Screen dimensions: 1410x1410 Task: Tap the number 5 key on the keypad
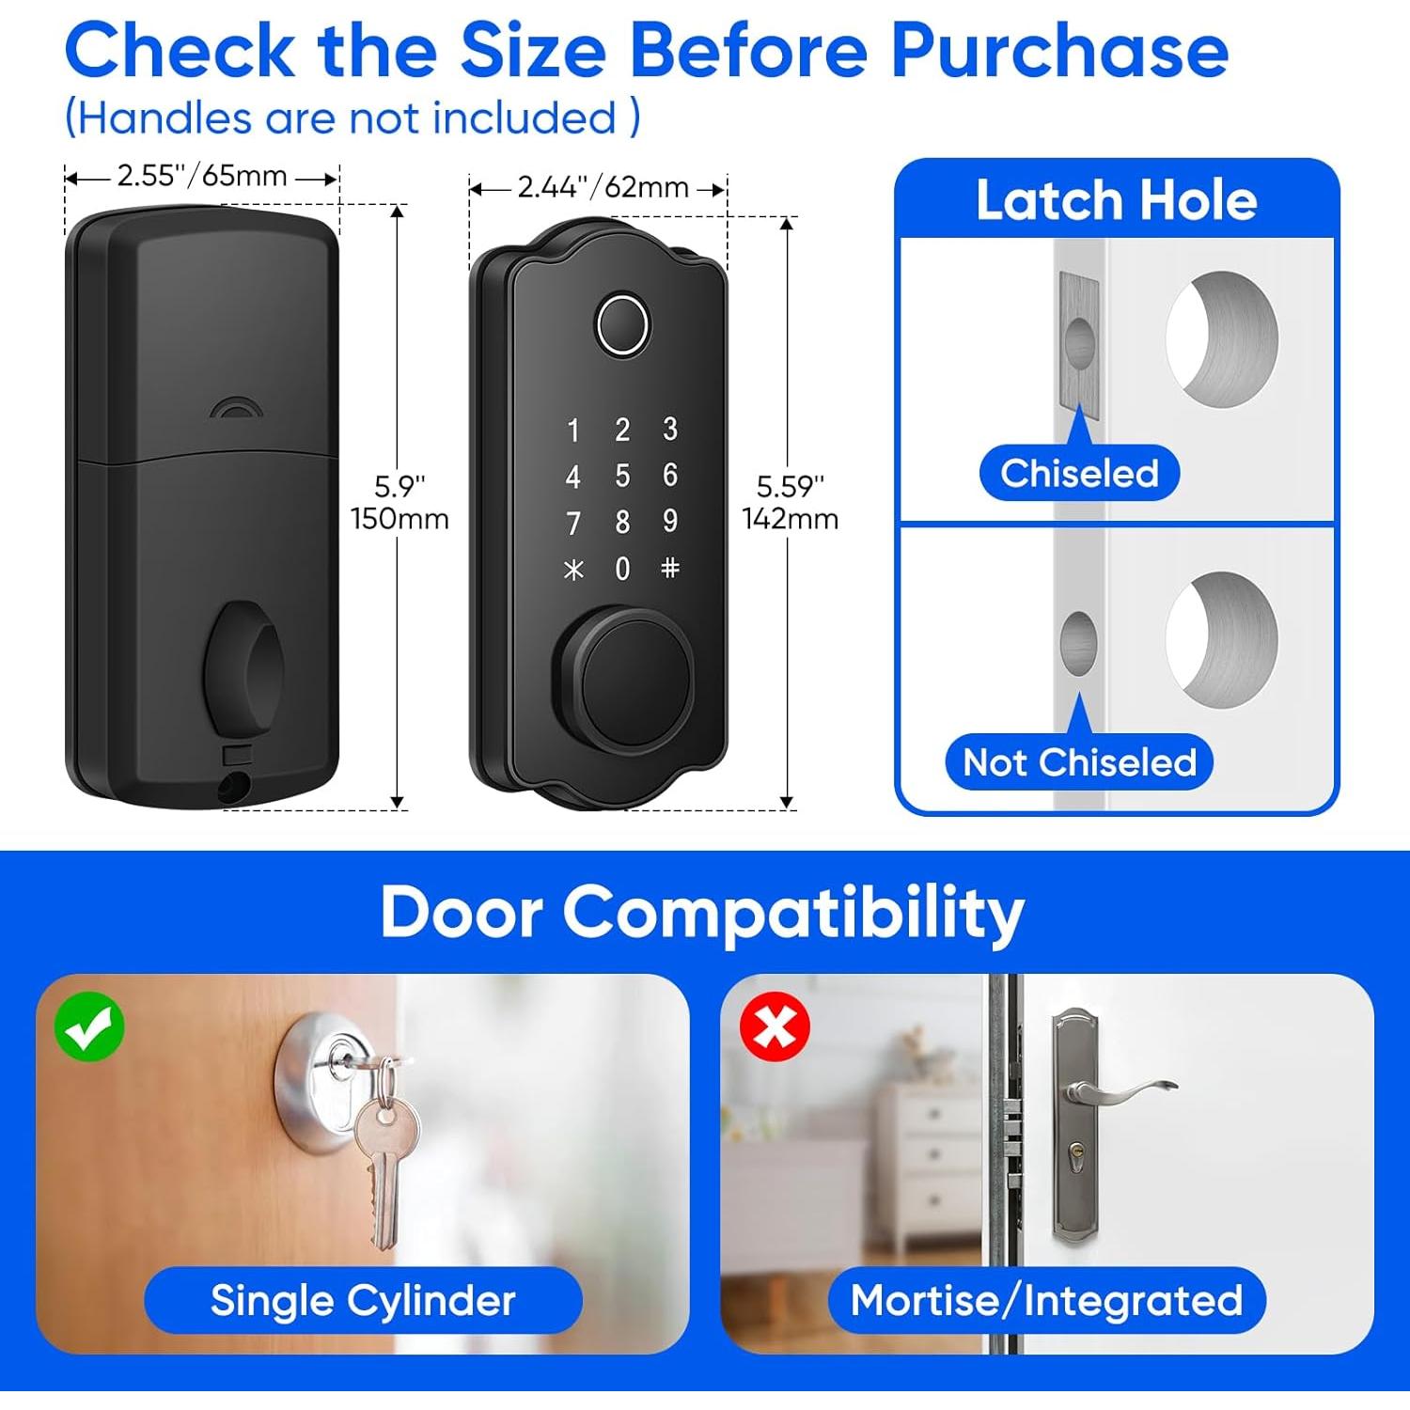622,476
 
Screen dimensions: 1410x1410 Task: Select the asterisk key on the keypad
573,569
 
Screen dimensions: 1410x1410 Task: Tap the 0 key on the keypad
622,569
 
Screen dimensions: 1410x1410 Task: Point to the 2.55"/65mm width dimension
201,177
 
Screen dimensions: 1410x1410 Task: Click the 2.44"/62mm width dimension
603,188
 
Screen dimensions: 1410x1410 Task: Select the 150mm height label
399,519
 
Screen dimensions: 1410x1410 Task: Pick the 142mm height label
790,519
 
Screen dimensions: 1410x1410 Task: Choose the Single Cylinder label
363,1301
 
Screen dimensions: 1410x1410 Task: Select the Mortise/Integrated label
1046,1301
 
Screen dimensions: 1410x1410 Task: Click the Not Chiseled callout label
1079,762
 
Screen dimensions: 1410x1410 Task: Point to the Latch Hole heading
1116,200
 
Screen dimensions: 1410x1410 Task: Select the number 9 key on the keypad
669,521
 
